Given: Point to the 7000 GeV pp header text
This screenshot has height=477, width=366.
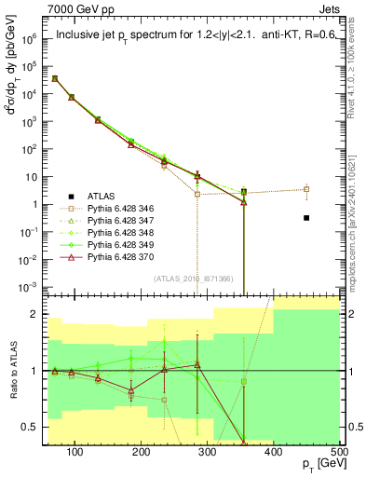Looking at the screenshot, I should click(73, 8).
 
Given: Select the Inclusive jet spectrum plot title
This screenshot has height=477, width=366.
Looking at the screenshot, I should click(187, 38).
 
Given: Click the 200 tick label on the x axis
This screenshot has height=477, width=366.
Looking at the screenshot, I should click(142, 453).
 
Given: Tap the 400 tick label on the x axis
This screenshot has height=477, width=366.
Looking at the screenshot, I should click(274, 453).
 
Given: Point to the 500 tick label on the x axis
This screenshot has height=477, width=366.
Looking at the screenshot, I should click(339, 453).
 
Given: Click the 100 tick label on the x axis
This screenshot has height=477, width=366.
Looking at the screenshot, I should click(75, 453).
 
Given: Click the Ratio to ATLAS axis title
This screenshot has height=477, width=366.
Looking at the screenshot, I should click(12, 371).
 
